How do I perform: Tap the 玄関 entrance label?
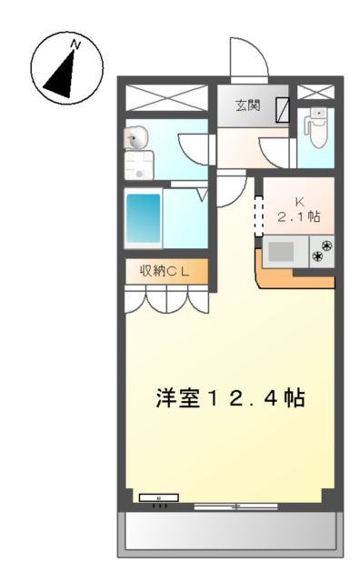[x=246, y=105]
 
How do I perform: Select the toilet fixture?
[x=315, y=129]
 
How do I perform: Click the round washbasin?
[x=136, y=139]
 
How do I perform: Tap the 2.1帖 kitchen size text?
[x=299, y=217]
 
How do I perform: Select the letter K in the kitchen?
[x=297, y=202]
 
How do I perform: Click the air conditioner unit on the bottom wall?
[x=159, y=498]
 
